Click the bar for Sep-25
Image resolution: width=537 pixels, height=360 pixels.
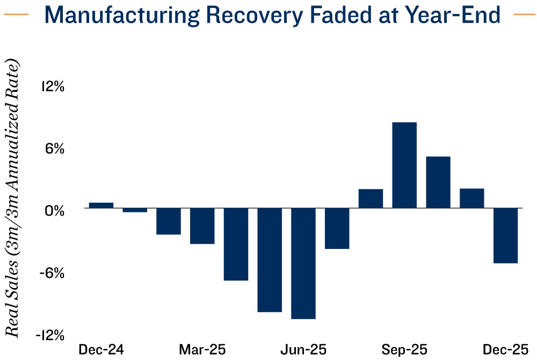click(x=404, y=165)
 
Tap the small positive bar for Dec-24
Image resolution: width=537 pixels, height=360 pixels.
click(x=101, y=205)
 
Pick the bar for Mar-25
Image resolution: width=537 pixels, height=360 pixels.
click(x=202, y=226)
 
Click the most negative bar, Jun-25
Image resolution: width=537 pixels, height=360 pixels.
click(x=303, y=263)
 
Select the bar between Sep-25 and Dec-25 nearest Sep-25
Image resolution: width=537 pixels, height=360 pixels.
click(x=438, y=182)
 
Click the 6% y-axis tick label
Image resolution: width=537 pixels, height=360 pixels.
click(x=54, y=149)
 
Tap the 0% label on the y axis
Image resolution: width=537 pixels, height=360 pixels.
click(x=54, y=210)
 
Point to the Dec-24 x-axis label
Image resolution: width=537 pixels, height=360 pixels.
click(x=101, y=350)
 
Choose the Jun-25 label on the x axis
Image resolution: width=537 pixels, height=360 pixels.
click(x=303, y=350)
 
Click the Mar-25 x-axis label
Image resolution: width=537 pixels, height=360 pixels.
click(x=202, y=350)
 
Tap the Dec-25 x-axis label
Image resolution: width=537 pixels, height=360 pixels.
click(x=505, y=350)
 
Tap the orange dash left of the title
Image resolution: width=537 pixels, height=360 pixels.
click(x=20, y=15)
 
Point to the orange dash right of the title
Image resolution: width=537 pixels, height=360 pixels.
click(x=521, y=15)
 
